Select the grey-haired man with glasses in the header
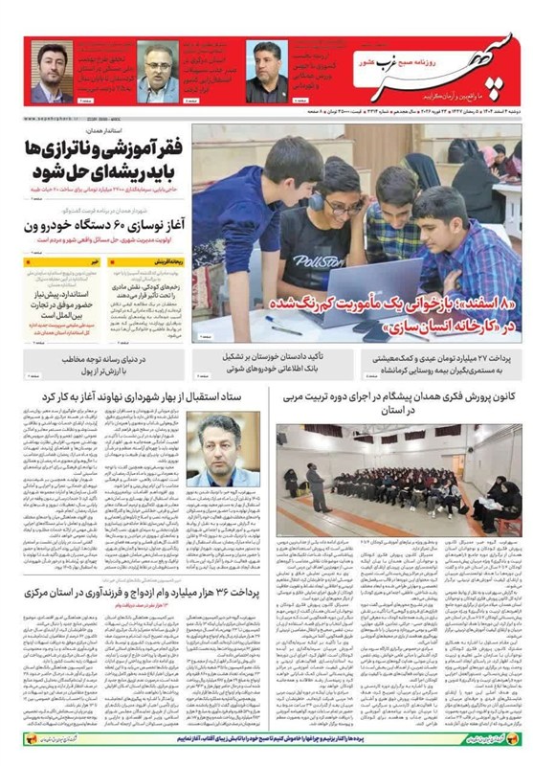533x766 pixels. click(157, 73)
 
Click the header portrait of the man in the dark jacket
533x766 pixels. click(269, 73)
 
